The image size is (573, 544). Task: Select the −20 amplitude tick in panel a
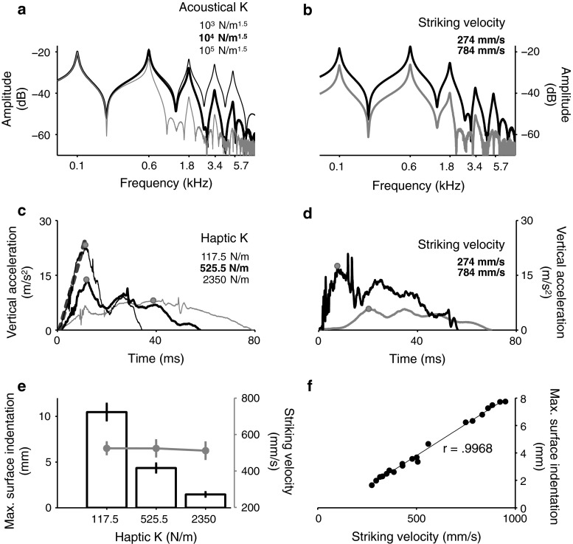click(x=44, y=52)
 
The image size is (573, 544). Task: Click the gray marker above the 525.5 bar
click(x=156, y=448)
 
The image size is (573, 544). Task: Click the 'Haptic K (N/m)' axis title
click(x=156, y=535)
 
